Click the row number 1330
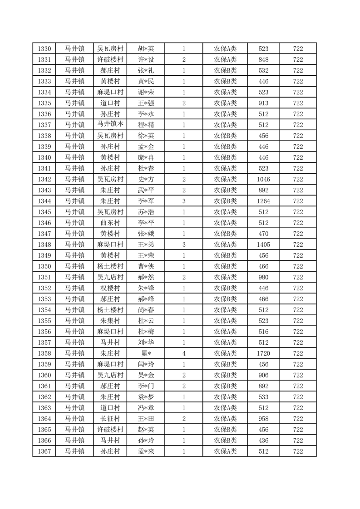tap(44, 49)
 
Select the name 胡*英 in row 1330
tap(146, 49)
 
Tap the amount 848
tap(263, 59)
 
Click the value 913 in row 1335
tap(263, 103)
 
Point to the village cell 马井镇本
tap(110, 125)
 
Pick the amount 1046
tap(263, 179)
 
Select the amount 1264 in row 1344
tap(263, 201)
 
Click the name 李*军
tap(146, 201)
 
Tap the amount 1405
tap(263, 245)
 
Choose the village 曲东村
tap(110, 223)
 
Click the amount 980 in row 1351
tap(263, 277)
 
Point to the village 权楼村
tap(110, 288)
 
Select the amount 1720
tap(263, 353)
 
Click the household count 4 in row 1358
tap(184, 353)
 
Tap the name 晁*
tap(146, 353)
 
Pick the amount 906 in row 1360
tap(263, 375)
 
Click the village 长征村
tap(110, 419)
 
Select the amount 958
tap(263, 419)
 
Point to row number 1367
tap(44, 451)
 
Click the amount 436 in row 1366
tap(263, 440)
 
